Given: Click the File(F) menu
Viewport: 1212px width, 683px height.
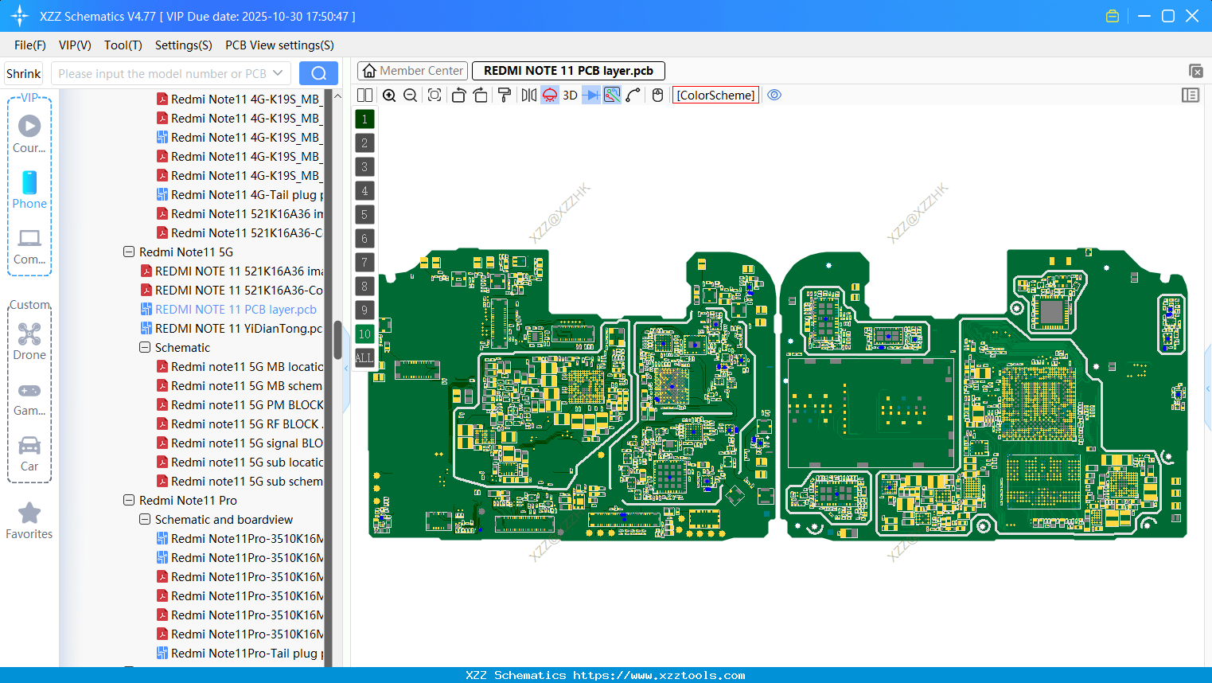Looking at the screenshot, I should (x=29, y=45).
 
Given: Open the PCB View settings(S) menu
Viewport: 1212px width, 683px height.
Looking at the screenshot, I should (x=279, y=45).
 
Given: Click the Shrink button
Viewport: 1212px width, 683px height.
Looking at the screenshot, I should (x=23, y=74).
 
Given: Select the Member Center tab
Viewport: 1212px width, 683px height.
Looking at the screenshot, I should (x=412, y=71).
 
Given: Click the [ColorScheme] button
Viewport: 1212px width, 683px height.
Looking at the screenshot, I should (x=715, y=96).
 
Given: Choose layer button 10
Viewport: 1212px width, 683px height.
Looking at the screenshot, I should (x=364, y=334).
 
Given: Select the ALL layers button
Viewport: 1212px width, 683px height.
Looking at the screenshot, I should (x=364, y=358).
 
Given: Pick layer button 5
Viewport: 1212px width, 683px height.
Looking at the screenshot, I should (x=364, y=215).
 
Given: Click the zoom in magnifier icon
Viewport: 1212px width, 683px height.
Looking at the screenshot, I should (x=389, y=96).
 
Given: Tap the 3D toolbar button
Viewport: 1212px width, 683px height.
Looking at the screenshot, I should (x=570, y=96).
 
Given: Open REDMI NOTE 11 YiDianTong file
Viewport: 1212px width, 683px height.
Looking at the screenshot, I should (x=238, y=329).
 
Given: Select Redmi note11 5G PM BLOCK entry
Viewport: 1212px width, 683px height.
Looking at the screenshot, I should (x=247, y=405).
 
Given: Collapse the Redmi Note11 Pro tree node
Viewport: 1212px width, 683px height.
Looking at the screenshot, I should (x=129, y=501).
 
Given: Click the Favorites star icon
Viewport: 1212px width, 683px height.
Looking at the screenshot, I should (x=29, y=513).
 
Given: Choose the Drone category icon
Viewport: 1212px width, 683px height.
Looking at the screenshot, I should (x=29, y=334).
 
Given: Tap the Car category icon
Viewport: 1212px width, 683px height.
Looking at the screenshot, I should (x=29, y=446).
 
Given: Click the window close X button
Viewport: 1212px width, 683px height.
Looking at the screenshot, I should (x=1192, y=16).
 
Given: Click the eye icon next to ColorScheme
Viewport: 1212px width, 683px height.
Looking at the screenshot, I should (x=774, y=96).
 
